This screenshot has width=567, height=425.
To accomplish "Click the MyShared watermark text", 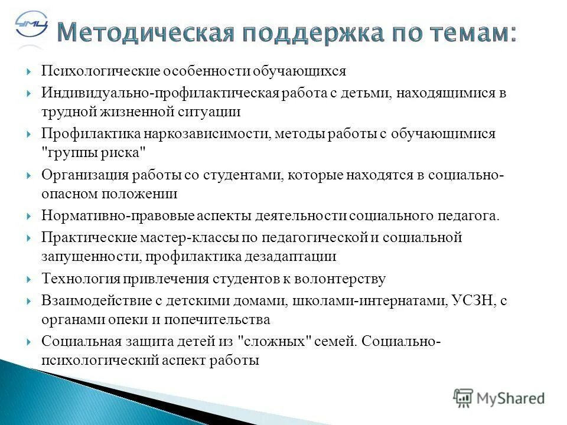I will click(510, 398).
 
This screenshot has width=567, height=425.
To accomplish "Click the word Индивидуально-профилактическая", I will click(155, 93).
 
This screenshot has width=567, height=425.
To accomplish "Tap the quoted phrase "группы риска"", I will click(94, 152).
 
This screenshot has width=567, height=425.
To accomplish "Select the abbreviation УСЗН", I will click(472, 301).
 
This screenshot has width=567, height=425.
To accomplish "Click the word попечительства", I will click(227, 319).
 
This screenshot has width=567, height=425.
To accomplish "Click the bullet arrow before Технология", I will click(29, 279).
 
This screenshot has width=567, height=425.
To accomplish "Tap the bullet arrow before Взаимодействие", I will click(29, 301).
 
